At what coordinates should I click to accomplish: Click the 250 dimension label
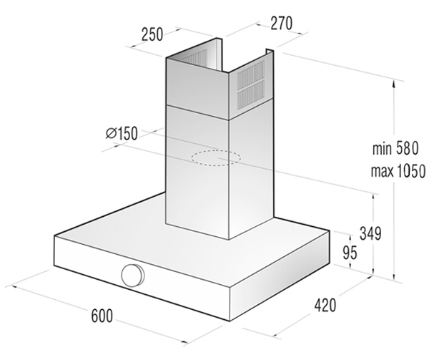pos(152,34)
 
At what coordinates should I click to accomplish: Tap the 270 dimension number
pos(282,24)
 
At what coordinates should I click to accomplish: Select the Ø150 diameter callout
pos(122,134)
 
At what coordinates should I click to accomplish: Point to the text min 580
pos(395,149)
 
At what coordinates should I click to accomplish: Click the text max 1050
pos(398,171)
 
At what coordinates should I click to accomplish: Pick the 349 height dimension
pos(370,233)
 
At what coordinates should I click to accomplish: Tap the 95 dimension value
pos(350,252)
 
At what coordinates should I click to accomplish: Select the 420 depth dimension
pos(325,305)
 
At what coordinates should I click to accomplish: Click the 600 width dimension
pos(102,316)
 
